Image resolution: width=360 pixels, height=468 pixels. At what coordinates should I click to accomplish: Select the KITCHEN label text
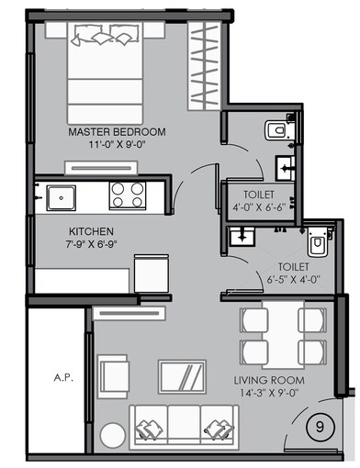90,232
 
